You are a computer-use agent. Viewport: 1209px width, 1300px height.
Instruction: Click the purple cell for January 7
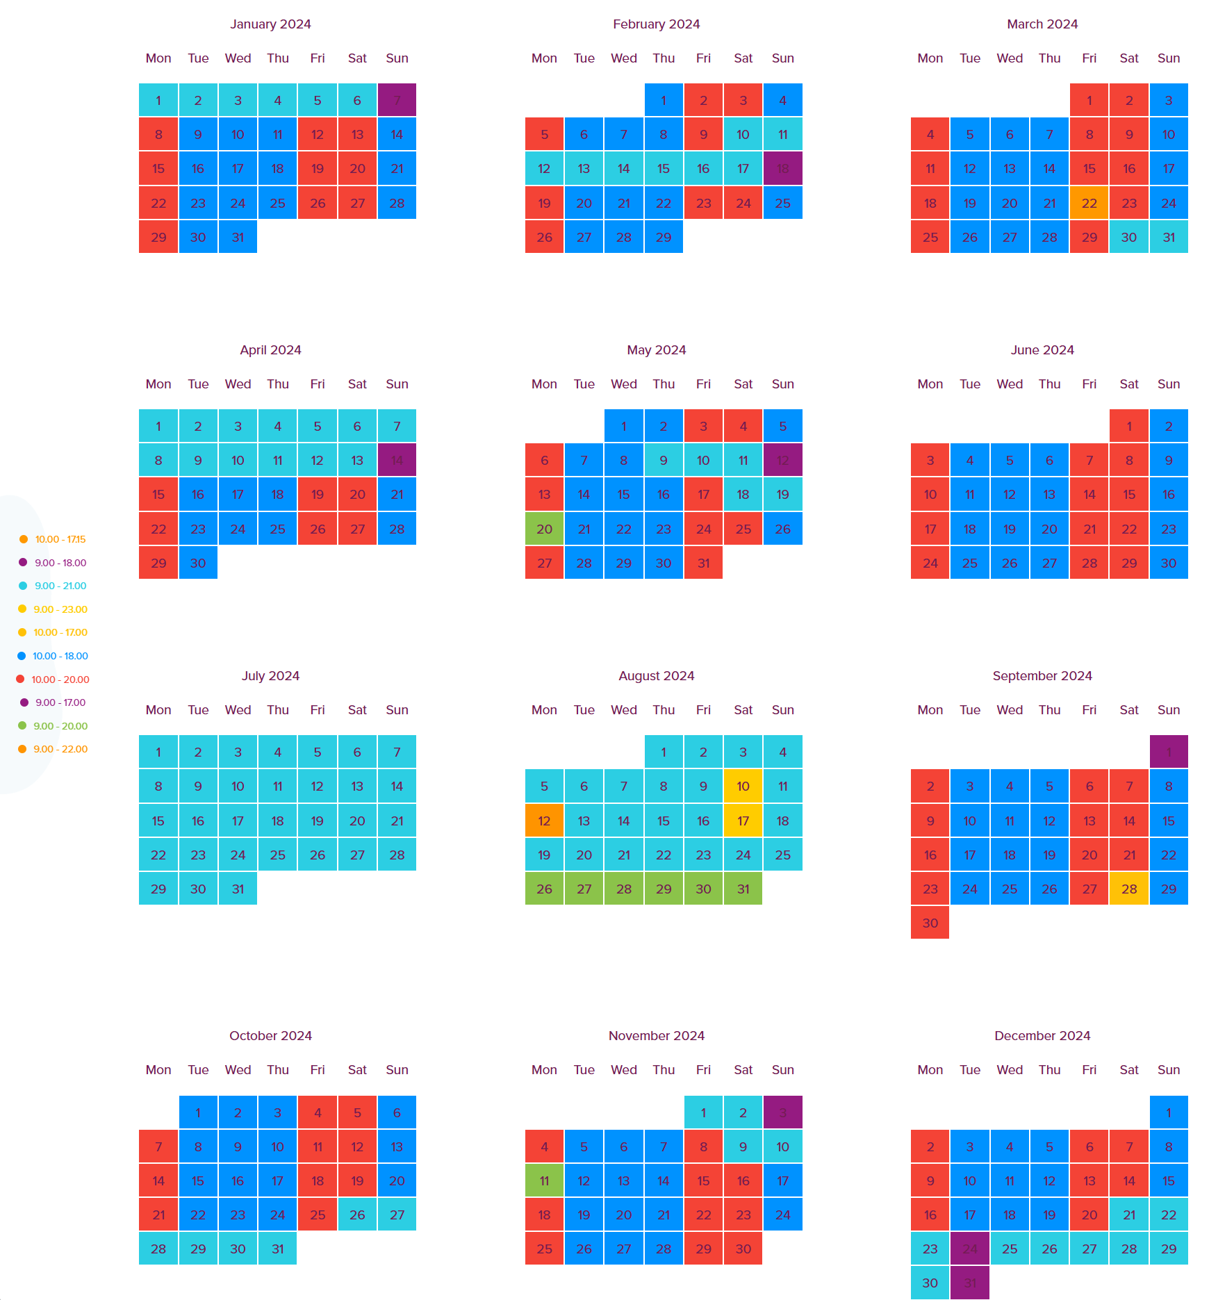pyautogui.click(x=397, y=100)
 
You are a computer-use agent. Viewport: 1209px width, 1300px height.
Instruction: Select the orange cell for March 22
pyautogui.click(x=1089, y=203)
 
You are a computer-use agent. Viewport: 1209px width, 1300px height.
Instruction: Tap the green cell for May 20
pyautogui.click(x=544, y=529)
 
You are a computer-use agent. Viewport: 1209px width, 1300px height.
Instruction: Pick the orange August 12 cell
pyautogui.click(x=544, y=821)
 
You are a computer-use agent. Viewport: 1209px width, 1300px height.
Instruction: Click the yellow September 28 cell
pyautogui.click(x=1129, y=889)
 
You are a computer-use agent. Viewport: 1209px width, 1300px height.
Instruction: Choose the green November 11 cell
pyautogui.click(x=544, y=1180)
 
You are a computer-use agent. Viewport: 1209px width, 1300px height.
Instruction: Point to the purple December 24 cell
pyautogui.click(x=969, y=1249)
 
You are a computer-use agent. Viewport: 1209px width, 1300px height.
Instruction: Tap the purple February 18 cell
pyautogui.click(x=782, y=169)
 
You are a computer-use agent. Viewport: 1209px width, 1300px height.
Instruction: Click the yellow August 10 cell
pyautogui.click(x=743, y=786)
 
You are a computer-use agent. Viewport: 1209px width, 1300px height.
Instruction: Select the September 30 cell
pyautogui.click(x=930, y=923)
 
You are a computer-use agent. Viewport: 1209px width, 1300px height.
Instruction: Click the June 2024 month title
pyautogui.click(x=1042, y=349)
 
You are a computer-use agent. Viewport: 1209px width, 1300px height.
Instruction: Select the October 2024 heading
pyautogui.click(x=270, y=1035)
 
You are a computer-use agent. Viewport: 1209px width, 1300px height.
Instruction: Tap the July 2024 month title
pyautogui.click(x=270, y=675)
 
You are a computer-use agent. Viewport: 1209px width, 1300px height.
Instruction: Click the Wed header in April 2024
pyautogui.click(x=238, y=384)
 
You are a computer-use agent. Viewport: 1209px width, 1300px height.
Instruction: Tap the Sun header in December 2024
pyautogui.click(x=1169, y=1069)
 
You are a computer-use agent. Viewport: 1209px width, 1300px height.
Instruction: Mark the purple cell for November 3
pyautogui.click(x=782, y=1112)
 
